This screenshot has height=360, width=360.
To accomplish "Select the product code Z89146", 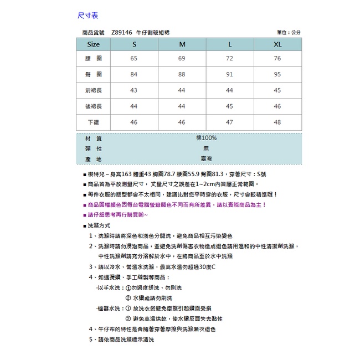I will (x=121, y=33).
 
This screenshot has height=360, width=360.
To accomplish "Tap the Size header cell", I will (x=94, y=44).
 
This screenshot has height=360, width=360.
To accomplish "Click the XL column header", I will (x=277, y=44).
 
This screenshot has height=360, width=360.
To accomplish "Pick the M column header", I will (x=182, y=44).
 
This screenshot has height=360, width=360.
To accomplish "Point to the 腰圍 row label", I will (x=94, y=58).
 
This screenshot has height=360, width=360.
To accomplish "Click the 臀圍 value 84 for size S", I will (x=133, y=74).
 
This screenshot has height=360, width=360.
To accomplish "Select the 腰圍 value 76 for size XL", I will (x=277, y=58).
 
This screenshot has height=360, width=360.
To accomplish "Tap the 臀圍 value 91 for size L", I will (x=229, y=74).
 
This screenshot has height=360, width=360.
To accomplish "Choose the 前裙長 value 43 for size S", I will (x=133, y=90).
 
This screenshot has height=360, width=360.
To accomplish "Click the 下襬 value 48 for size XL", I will (x=277, y=122).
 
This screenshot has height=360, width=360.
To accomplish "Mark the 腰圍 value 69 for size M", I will (x=182, y=58).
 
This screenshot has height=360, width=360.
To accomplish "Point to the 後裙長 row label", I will (x=94, y=106).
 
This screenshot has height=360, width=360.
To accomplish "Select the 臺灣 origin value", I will (x=206, y=159).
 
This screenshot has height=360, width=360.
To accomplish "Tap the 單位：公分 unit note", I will (x=289, y=33).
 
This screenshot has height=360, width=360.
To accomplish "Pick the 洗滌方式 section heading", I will (x=99, y=225).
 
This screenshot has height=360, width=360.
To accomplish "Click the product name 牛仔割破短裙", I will (x=155, y=33).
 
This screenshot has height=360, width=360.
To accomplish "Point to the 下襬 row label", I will (x=94, y=122).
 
